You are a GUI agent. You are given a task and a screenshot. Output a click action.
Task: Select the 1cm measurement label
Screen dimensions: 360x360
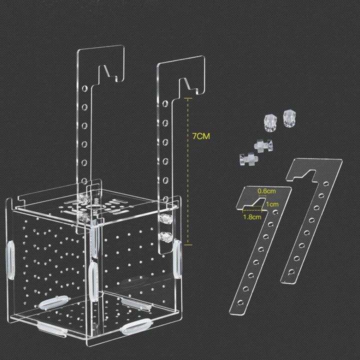271,204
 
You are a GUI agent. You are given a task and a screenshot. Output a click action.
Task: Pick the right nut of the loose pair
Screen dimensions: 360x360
288,116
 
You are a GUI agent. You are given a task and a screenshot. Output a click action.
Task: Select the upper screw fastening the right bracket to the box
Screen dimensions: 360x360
162,218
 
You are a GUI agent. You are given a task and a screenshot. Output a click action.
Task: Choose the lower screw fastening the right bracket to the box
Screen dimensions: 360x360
162,235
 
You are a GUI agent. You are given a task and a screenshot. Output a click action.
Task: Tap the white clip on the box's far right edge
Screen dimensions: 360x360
176,257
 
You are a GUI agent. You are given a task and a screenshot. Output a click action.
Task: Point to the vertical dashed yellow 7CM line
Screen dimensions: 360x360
188,170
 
